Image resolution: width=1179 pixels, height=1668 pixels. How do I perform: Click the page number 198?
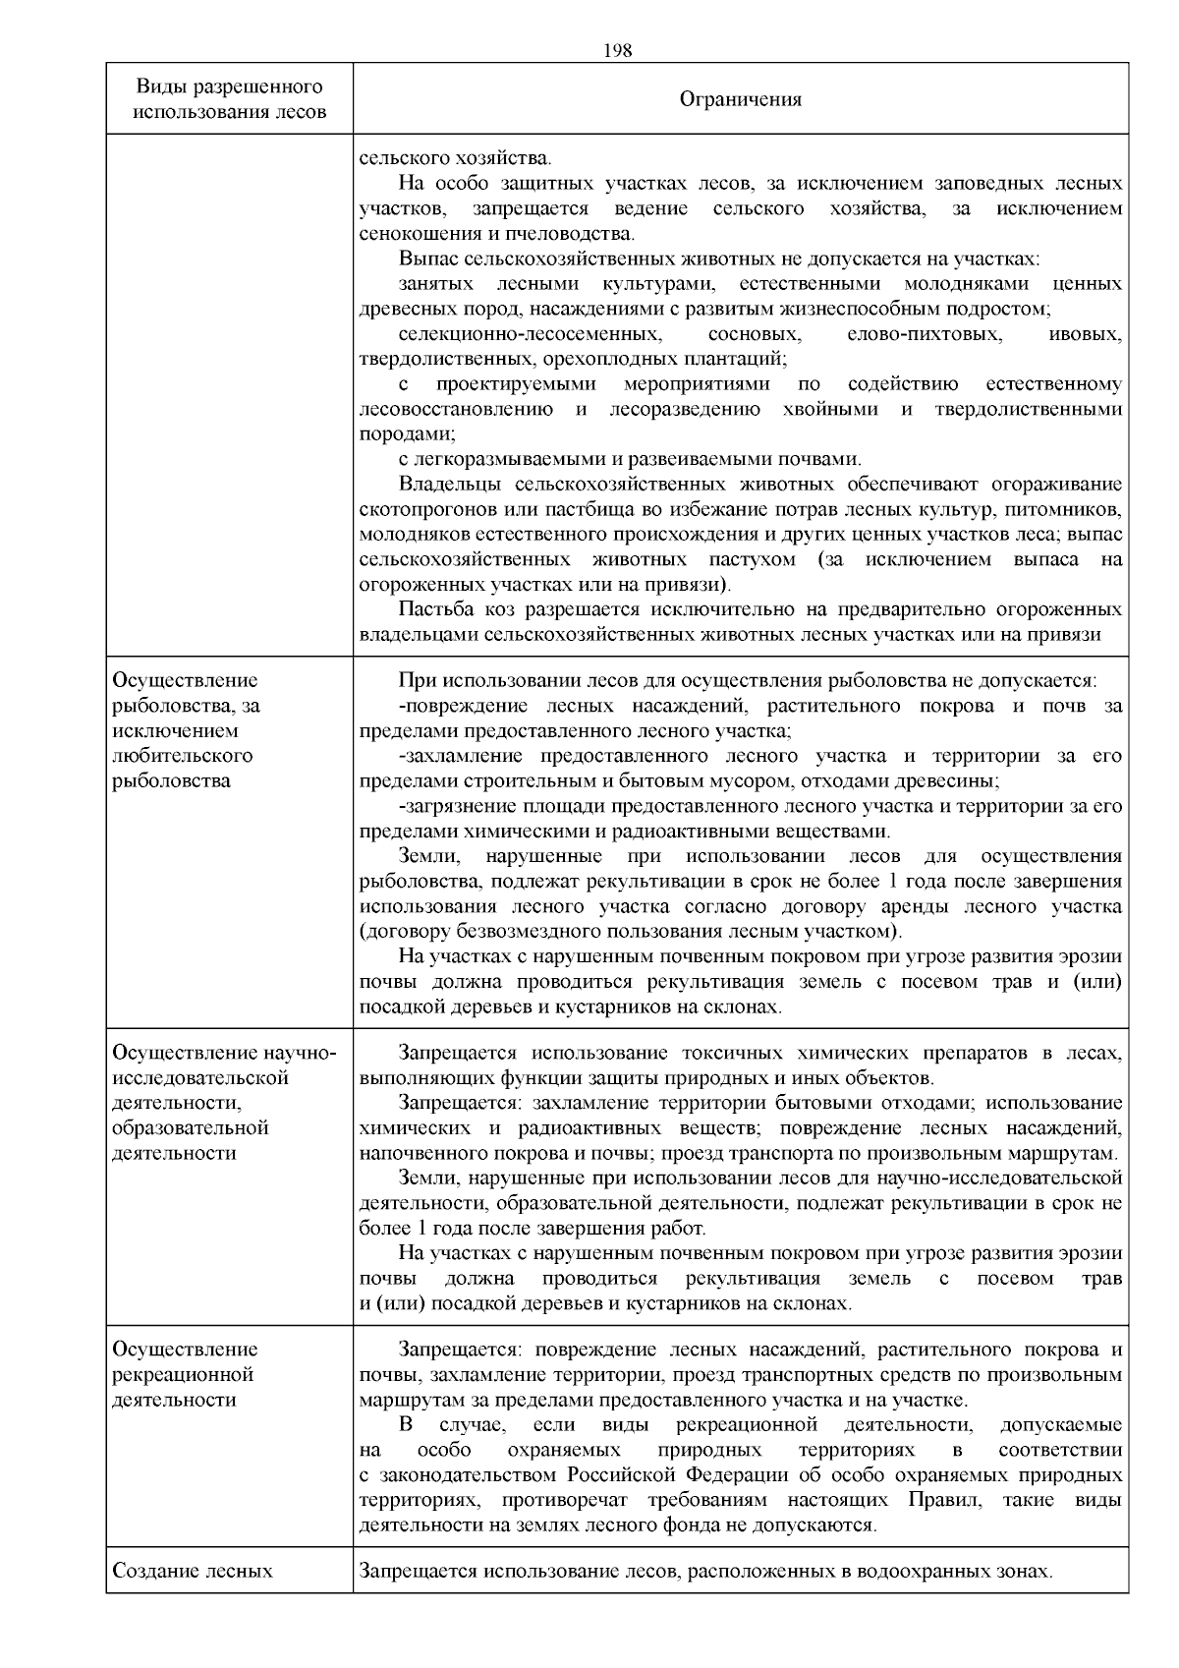617,50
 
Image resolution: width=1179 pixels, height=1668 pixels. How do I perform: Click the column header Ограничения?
741,99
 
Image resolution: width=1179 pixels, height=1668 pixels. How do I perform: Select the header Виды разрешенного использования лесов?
229,98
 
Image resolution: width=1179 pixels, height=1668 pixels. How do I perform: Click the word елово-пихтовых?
924,334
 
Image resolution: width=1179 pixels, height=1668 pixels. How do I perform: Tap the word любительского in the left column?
182,756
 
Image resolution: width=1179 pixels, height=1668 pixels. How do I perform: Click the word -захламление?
455,756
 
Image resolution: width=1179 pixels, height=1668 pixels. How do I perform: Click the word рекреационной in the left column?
184,1374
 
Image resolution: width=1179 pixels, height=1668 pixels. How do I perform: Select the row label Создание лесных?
192,1572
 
